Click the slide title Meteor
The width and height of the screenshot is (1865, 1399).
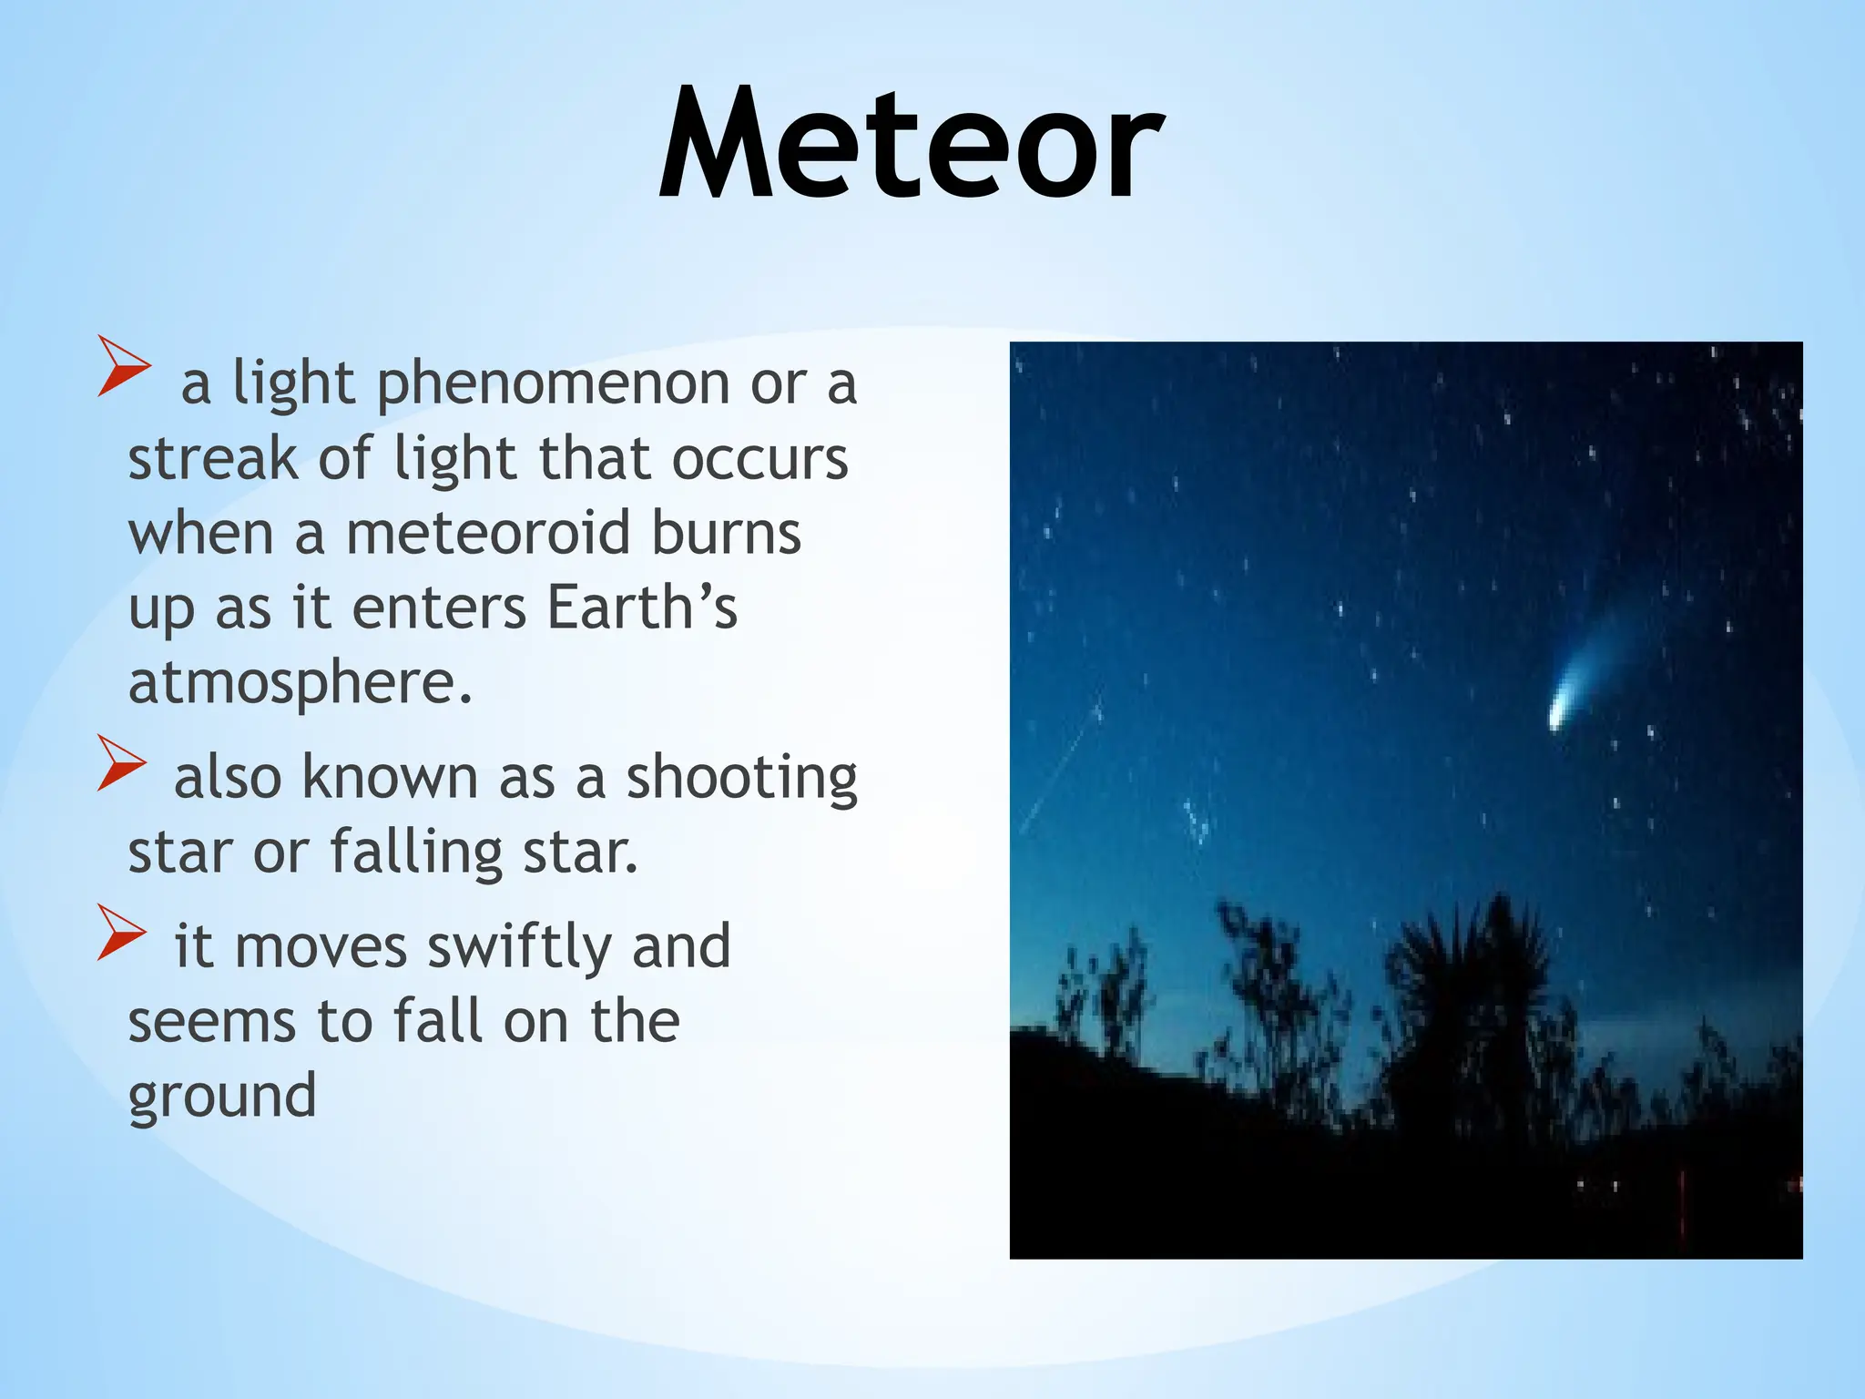(911, 144)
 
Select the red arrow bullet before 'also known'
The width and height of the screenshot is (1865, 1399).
(121, 762)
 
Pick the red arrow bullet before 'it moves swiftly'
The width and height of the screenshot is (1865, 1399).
(121, 932)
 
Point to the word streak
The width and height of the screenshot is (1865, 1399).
(212, 458)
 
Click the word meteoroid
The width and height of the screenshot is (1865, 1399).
(488, 533)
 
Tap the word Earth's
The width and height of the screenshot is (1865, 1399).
(642, 608)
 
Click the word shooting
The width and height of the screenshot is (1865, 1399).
(741, 780)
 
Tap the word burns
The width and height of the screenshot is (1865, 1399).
(726, 533)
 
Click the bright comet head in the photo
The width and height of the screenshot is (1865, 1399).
(1558, 715)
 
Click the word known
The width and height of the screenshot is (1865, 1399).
(389, 779)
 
